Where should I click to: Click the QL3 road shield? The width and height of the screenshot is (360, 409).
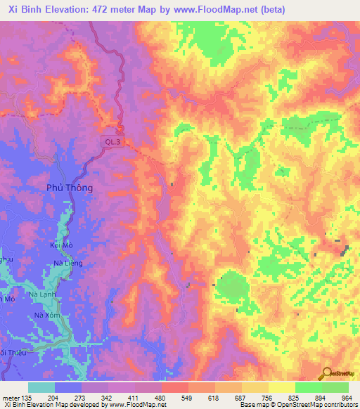[110, 141]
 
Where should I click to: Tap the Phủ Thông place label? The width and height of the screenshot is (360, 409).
[70, 188]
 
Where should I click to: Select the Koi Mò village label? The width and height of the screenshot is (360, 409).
[63, 245]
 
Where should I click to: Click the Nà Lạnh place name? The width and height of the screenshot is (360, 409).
[42, 294]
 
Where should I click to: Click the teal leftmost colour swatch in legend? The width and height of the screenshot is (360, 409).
[41, 387]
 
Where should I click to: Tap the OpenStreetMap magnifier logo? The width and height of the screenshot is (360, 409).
[326, 372]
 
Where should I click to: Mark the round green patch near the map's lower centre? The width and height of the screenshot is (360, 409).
[233, 288]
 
